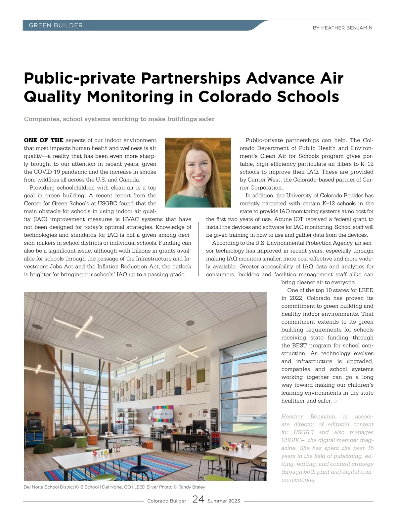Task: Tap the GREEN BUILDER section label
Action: pyautogui.click(x=56, y=25)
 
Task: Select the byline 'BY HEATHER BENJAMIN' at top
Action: pyautogui.click(x=342, y=28)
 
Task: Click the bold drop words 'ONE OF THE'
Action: pyautogui.click(x=44, y=140)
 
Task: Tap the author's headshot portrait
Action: pyautogui.click(x=198, y=172)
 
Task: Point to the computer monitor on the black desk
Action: pyautogui.click(x=200, y=424)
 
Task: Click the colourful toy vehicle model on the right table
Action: pyautogui.click(x=230, y=445)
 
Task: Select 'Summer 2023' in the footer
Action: pyautogui.click(x=224, y=501)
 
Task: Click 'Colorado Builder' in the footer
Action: pyautogui.click(x=167, y=501)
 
